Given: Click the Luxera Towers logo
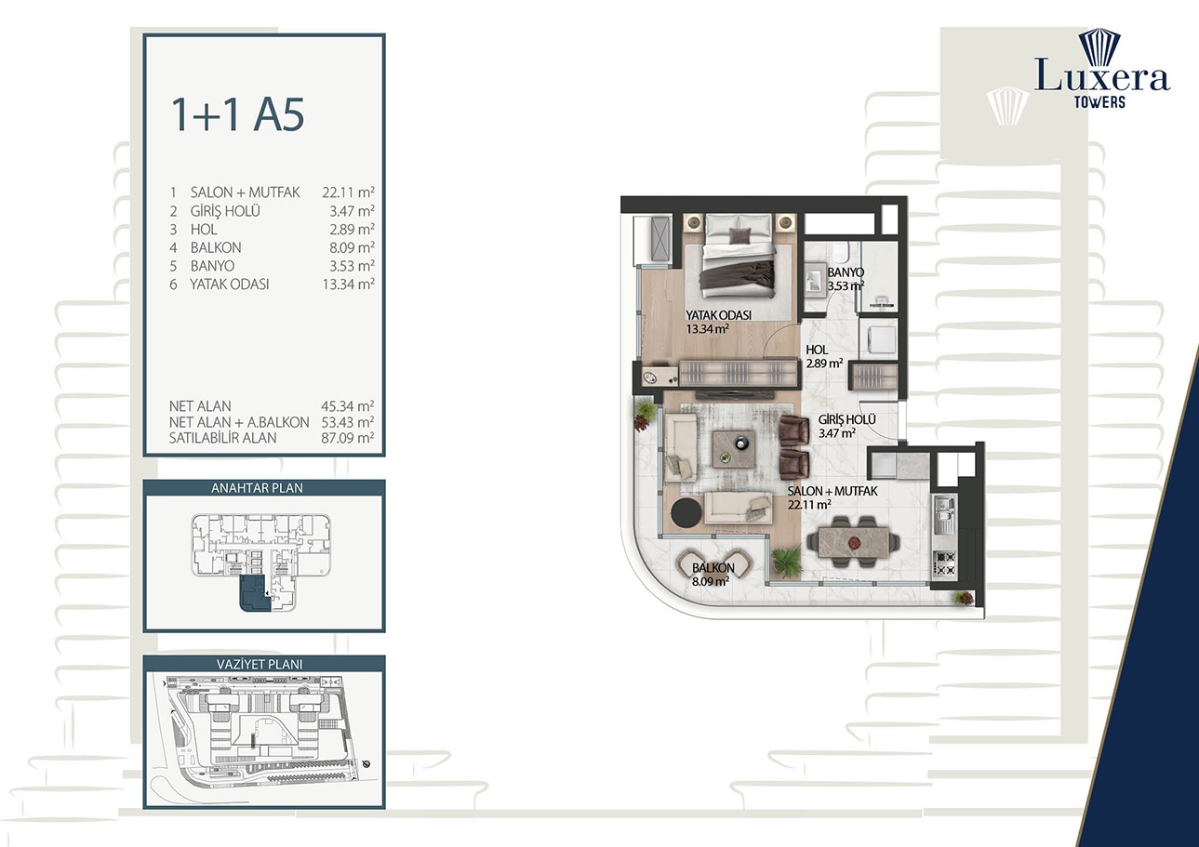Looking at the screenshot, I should point(1101,70).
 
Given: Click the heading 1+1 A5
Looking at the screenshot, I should point(237,113).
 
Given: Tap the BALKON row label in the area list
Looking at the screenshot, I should point(215,247).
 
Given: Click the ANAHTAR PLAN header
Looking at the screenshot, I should point(264,488).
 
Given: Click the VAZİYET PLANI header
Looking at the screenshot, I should point(264,664).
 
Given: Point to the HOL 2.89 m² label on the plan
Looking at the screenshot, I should point(824,356).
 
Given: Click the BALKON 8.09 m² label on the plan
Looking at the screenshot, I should point(712,575).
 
